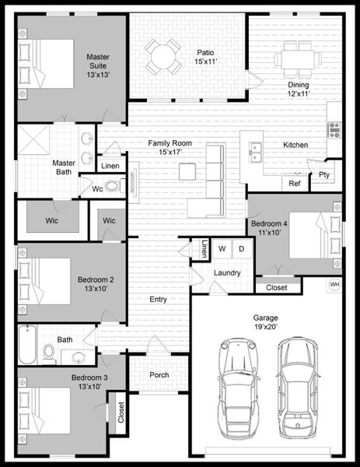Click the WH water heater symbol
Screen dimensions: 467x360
[x=335, y=285]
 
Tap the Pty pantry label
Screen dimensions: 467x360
[x=324, y=176]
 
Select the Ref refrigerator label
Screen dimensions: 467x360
[x=295, y=184]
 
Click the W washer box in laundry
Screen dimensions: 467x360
[x=222, y=249]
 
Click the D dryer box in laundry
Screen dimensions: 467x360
[x=241, y=249]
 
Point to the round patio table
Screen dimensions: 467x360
[x=162, y=55]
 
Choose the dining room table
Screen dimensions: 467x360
[x=299, y=56]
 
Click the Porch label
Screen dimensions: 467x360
[x=159, y=375]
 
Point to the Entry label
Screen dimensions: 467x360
[x=158, y=299]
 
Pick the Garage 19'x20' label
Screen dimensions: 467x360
[x=266, y=323]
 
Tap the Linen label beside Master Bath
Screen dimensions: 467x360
[x=110, y=166]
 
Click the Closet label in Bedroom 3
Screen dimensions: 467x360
[x=121, y=413]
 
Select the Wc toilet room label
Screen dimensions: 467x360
[x=98, y=188]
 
